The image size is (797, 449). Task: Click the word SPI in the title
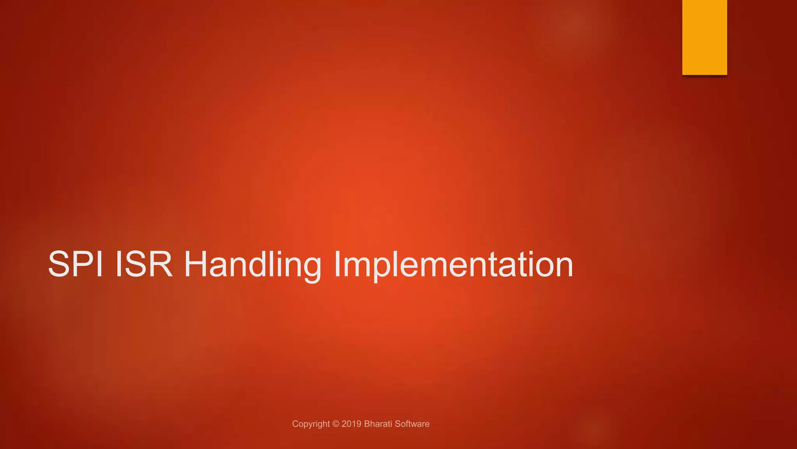(x=75, y=264)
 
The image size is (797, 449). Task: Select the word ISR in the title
(x=144, y=264)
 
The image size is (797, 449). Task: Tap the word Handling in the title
(x=253, y=265)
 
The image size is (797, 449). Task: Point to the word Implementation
(x=453, y=265)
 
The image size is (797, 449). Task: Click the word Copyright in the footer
(x=311, y=424)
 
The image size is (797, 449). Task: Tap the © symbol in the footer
(x=336, y=424)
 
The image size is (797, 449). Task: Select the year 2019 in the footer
(x=351, y=424)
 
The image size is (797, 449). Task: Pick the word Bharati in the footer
(x=378, y=424)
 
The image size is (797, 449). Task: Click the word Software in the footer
(x=413, y=424)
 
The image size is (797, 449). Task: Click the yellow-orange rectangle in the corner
(x=704, y=37)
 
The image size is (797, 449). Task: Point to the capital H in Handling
(x=195, y=264)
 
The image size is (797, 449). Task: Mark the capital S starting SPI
(x=59, y=264)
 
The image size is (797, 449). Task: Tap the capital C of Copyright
(x=295, y=424)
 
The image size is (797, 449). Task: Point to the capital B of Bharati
(x=367, y=424)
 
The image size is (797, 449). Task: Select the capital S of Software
(x=398, y=424)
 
